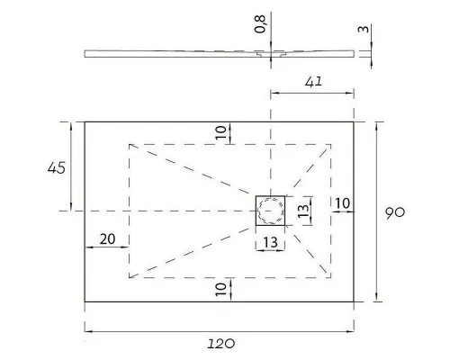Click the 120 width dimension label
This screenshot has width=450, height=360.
point(219,343)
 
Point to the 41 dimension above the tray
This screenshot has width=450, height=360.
point(312,82)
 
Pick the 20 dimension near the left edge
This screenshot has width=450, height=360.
point(106,238)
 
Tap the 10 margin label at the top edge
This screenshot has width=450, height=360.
point(220,131)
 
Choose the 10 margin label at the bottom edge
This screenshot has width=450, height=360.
point(220,289)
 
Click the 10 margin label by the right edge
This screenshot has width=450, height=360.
point(342,203)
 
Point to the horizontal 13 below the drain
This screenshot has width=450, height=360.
point(270,243)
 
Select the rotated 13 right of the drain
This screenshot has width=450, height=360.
point(303,211)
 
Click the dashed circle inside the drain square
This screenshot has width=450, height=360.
point(270,211)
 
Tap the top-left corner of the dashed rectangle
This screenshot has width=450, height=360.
point(130,144)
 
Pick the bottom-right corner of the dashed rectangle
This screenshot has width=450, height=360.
point(330,276)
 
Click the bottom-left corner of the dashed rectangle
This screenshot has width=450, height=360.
point(130,276)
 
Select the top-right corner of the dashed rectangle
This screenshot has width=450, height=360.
point(330,144)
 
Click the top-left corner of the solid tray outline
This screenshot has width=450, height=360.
point(85,121)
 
